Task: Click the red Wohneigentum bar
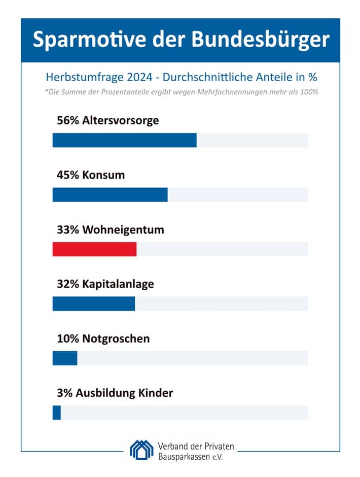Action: [x=94, y=249]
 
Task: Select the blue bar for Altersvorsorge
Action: [x=124, y=140]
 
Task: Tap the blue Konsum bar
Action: [x=110, y=194]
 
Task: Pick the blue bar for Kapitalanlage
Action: [x=94, y=303]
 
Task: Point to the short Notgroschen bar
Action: [x=65, y=358]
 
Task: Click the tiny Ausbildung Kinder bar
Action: [x=57, y=413]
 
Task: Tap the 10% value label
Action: [x=67, y=338]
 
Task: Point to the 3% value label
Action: [x=64, y=393]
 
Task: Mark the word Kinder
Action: [x=155, y=393]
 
